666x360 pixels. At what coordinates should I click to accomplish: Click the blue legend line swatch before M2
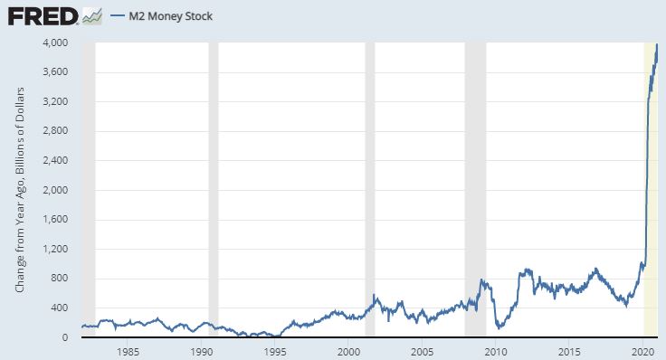point(118,16)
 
